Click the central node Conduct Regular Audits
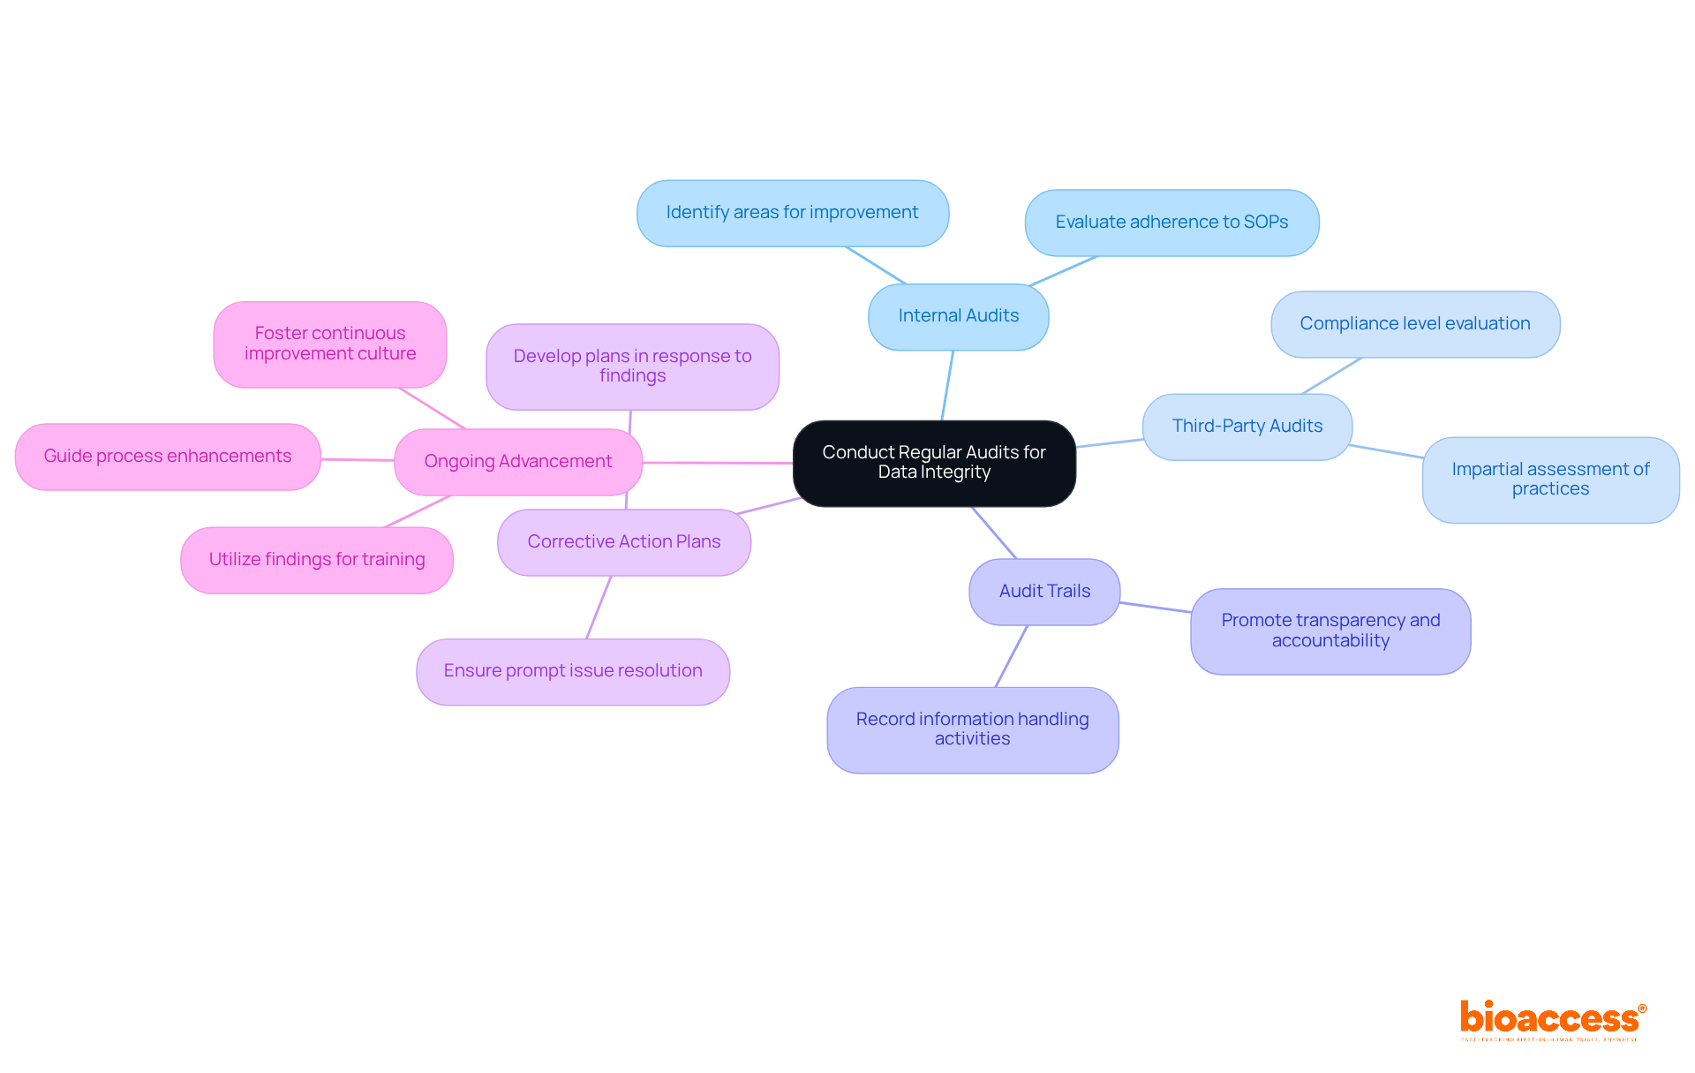[934, 463]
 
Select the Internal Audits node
[958, 316]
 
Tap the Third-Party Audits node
[1247, 427]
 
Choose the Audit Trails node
[1044, 592]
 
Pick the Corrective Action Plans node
[623, 542]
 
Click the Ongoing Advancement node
[517, 462]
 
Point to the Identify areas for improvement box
[792, 213]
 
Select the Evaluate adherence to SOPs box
[1171, 223]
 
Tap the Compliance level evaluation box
[1414, 324]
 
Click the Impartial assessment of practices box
[1550, 480]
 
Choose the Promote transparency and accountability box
[1330, 631]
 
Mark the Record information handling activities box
[972, 729]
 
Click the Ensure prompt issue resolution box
[572, 671]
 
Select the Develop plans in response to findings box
[632, 366]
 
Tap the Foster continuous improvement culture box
[329, 344]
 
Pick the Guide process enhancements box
[167, 457]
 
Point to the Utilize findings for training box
[316, 560]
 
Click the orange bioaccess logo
[1551, 1019]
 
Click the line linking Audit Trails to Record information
[1012, 656]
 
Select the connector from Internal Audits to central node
[947, 385]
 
